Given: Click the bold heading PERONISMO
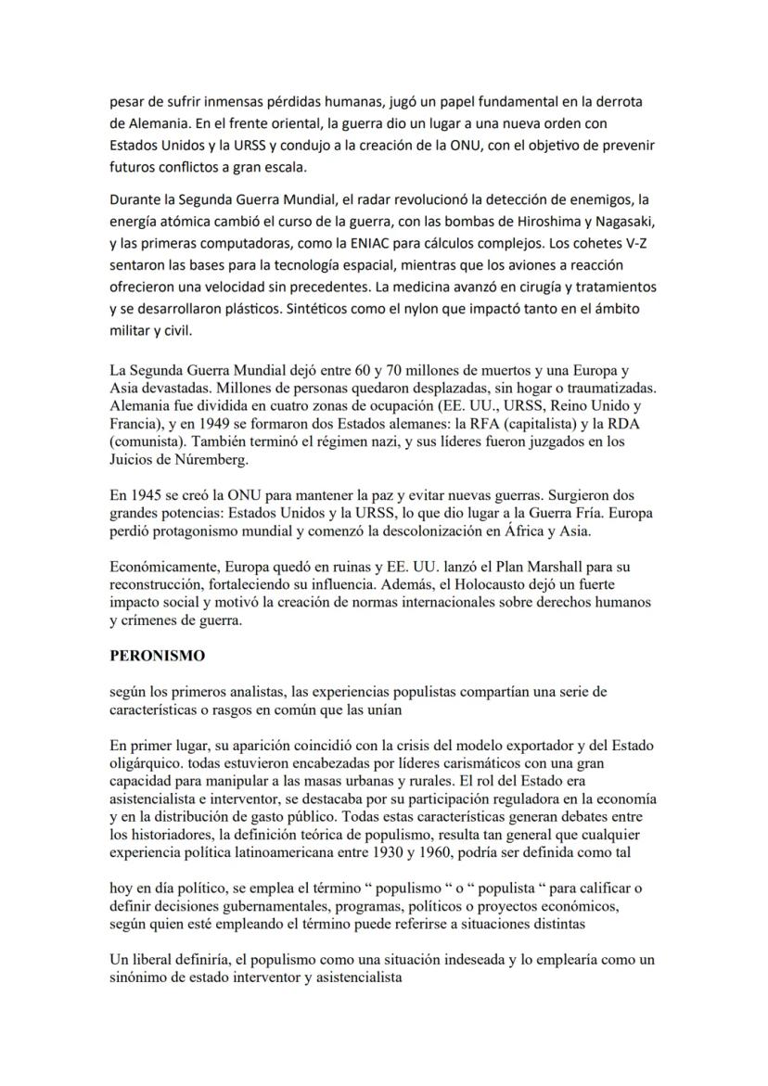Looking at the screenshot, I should point(157,655).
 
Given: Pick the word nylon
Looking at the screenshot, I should point(342,309).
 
